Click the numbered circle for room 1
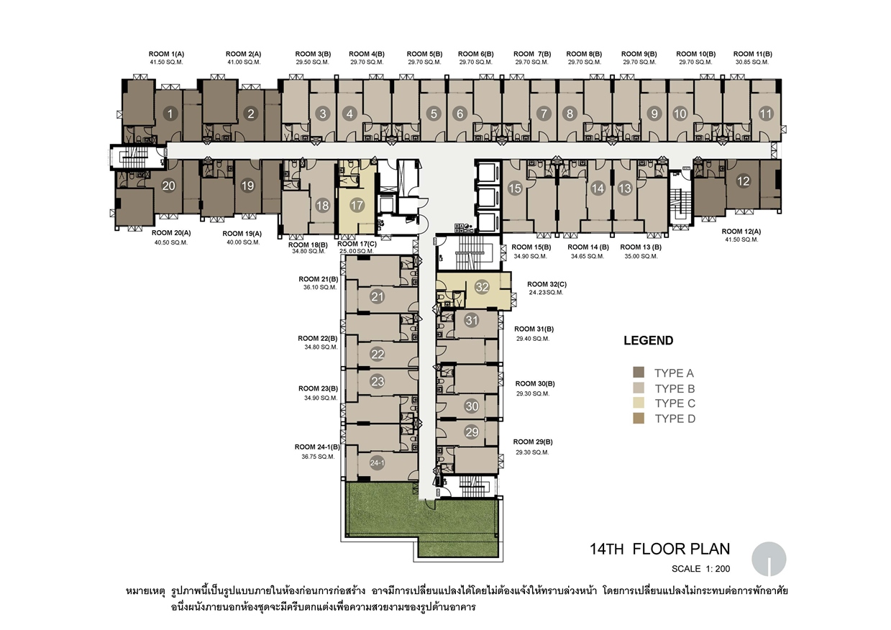click(x=170, y=114)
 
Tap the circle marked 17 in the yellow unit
click(x=357, y=205)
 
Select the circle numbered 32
click(x=482, y=287)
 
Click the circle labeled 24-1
click(x=377, y=463)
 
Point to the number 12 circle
click(x=743, y=181)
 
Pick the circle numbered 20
click(x=169, y=186)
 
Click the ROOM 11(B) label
click(x=753, y=54)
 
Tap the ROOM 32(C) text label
click(x=547, y=284)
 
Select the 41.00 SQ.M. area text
click(x=244, y=62)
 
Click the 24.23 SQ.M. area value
click(x=546, y=292)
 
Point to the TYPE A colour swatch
click(x=639, y=373)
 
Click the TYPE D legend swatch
click(x=639, y=419)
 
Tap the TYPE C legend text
click(x=675, y=403)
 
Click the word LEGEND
click(x=649, y=340)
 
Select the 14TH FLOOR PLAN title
click(x=660, y=549)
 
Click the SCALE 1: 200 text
click(x=701, y=569)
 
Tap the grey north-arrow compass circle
click(x=769, y=559)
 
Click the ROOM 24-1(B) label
click(x=317, y=447)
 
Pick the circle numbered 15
click(x=515, y=188)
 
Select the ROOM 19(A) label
click(x=242, y=234)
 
